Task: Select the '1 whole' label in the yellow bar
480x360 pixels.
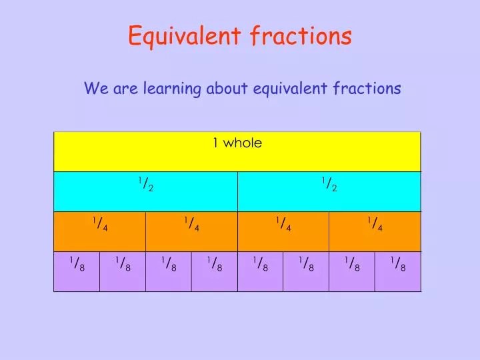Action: [x=237, y=143]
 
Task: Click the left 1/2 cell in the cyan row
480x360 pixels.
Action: [x=146, y=185]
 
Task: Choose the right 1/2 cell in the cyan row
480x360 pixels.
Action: [x=329, y=185]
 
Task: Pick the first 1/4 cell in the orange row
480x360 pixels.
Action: [x=100, y=225]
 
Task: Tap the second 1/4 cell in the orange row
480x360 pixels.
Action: [x=191, y=225]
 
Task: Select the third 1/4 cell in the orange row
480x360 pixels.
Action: [x=283, y=225]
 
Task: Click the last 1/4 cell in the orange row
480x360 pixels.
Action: [x=375, y=225]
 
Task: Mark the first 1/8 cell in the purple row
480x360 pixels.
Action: [x=77, y=265]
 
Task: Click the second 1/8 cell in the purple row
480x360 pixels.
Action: [x=123, y=265]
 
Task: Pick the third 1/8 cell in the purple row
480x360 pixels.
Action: [x=169, y=265]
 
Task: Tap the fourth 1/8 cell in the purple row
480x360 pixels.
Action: [x=215, y=265]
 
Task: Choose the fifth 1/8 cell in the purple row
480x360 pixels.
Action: [x=261, y=265]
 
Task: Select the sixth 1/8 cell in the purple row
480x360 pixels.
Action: [x=306, y=265]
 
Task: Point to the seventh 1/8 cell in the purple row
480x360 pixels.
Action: [x=352, y=265]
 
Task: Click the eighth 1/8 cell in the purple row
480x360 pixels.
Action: [x=398, y=265]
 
